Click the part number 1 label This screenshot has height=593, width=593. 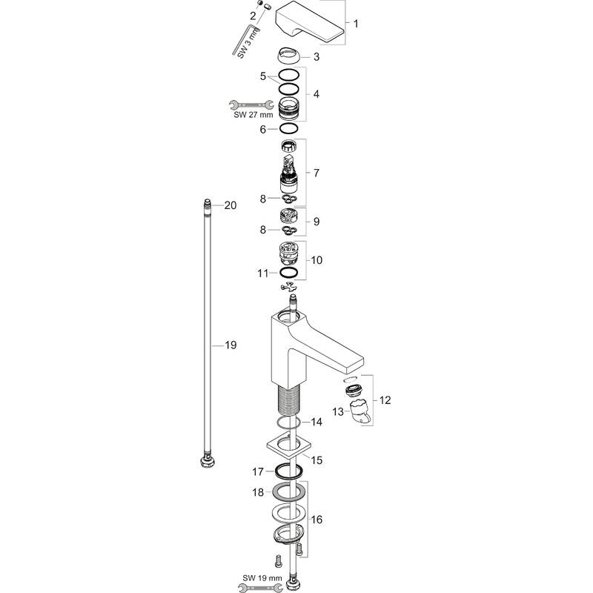coord(356,24)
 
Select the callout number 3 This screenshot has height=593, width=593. coord(316,57)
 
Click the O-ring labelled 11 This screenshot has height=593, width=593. coord(290,274)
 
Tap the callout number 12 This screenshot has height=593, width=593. coord(385,400)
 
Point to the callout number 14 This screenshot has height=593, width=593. coord(317,422)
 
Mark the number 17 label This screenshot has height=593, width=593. coord(257,471)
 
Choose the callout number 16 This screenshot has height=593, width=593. coord(317,521)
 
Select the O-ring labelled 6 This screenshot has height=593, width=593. coord(290,129)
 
